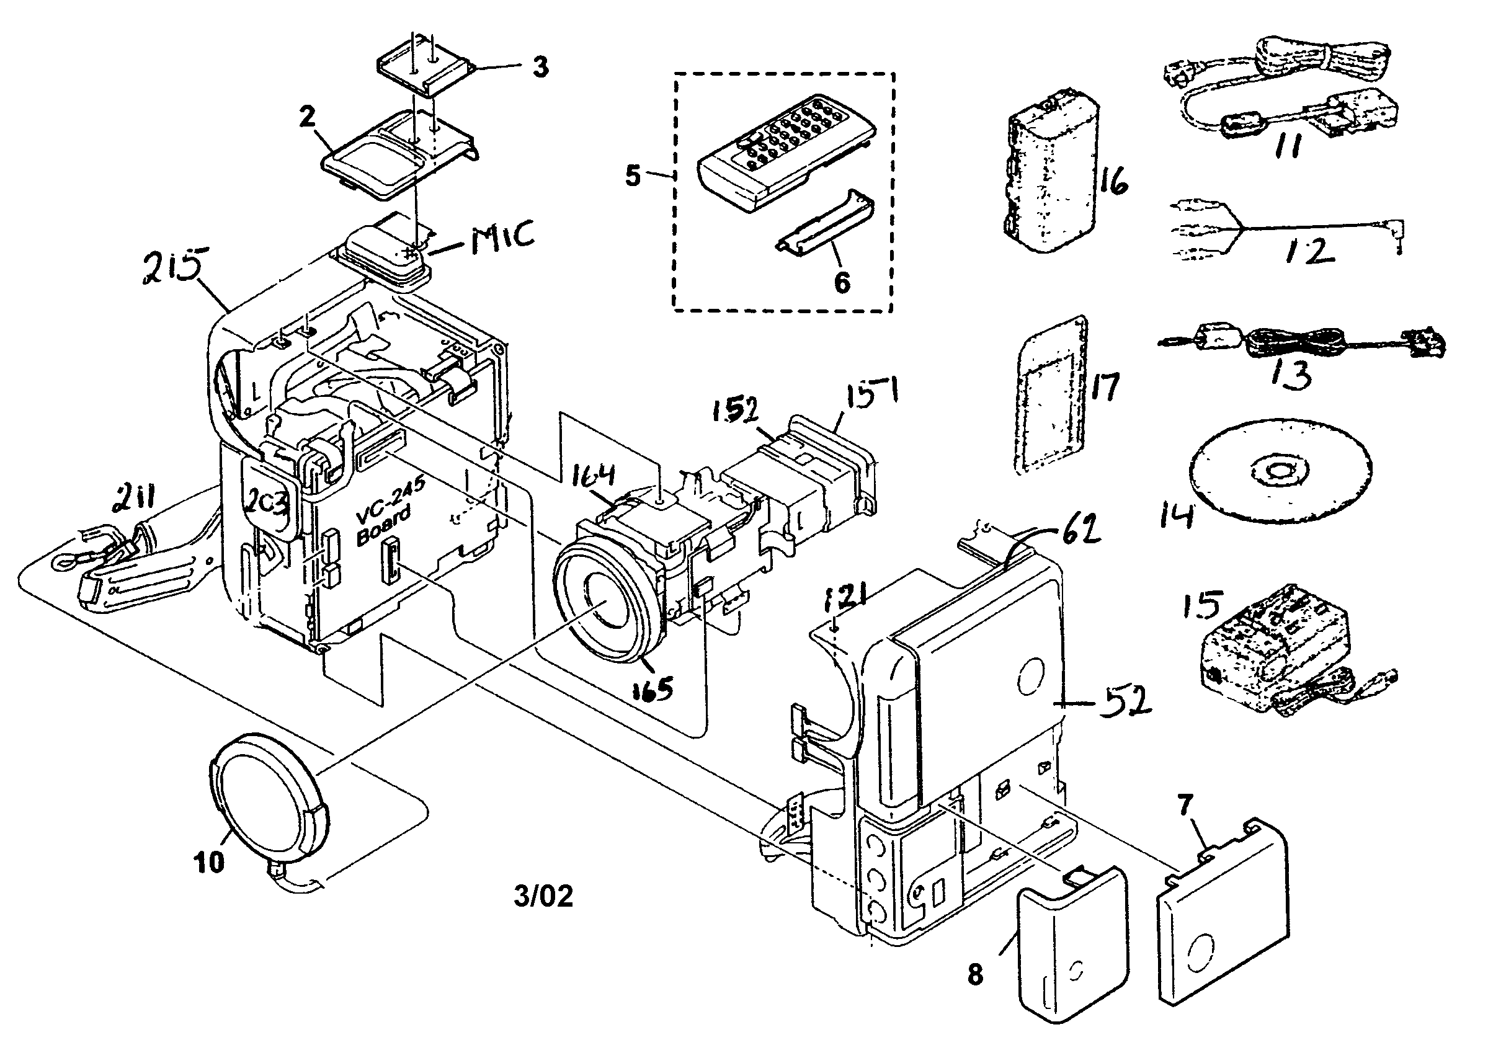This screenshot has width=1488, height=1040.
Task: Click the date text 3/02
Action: coord(543,896)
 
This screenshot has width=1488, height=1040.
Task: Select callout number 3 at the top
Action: coord(539,67)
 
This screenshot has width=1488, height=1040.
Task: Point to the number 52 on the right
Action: coord(1125,700)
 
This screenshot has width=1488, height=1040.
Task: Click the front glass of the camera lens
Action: coord(606,603)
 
